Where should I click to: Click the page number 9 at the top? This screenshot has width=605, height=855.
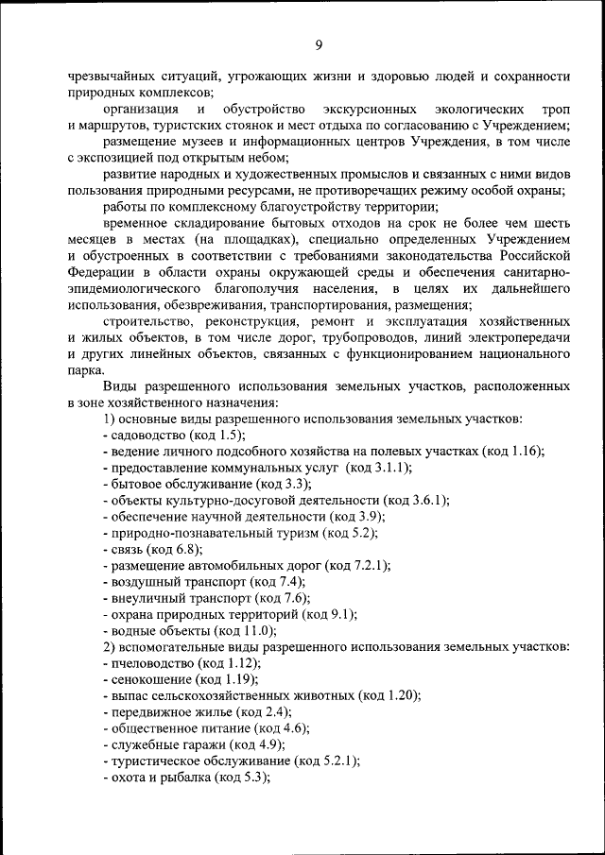tap(319, 44)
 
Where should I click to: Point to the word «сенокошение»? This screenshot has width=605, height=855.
tap(149, 679)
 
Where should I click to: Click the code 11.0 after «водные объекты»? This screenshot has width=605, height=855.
tap(258, 630)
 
